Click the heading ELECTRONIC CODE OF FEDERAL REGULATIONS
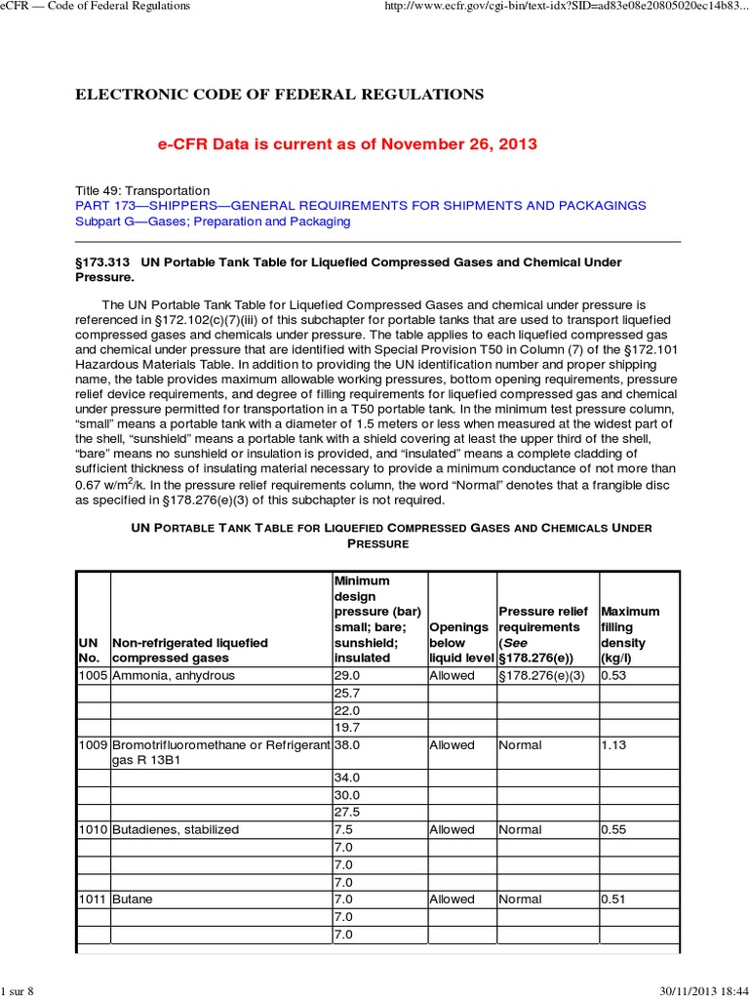(279, 95)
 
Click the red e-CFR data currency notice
(347, 144)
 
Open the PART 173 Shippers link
(360, 206)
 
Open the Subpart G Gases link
(213, 221)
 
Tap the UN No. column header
(89, 651)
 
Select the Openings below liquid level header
(459, 643)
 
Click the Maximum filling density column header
(630, 635)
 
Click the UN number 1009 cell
(93, 745)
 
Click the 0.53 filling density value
(613, 676)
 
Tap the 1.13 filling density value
(613, 745)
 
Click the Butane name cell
(133, 899)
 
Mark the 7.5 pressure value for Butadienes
(344, 830)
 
